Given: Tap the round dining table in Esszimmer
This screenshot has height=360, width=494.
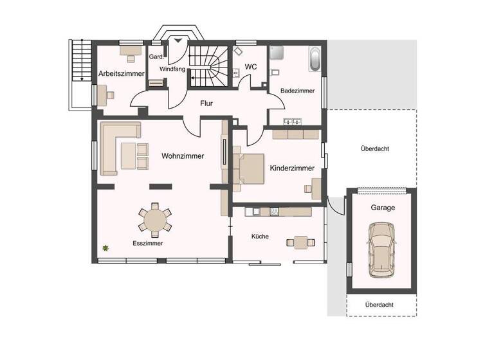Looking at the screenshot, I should pos(155,219).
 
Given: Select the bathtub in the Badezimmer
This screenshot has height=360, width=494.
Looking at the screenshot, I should pos(315,59).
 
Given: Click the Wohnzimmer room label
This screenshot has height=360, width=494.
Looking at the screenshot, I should pos(183,156).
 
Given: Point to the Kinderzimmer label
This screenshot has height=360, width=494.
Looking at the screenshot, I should pos(292,168).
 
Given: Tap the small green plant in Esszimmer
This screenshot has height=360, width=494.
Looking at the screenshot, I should pos(105,248).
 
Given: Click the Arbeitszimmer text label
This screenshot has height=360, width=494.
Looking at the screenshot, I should pos(122,74).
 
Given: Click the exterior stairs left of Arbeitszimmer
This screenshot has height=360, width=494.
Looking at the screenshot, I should pos(80,60).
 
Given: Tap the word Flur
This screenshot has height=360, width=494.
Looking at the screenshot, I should pos(206,103).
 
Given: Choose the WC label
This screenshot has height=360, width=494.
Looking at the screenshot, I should pos(251,67).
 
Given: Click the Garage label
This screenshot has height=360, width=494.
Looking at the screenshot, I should pos(382,208).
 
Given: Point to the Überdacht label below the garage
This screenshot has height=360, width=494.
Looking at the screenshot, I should pos(379,305).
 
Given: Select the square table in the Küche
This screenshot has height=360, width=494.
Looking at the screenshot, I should pos(301,242).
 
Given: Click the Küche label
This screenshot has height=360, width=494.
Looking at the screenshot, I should pos(261,237).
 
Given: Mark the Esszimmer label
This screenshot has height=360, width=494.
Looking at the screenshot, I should pos(147,244).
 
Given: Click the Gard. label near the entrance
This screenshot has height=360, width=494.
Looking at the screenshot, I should pos(156,57).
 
